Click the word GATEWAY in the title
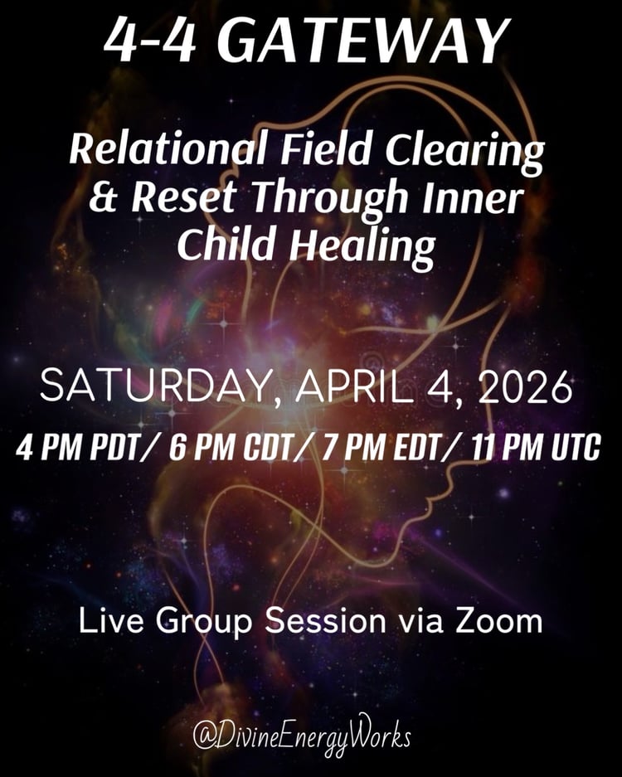coord(369,40)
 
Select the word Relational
coord(168,148)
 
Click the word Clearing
coord(464,152)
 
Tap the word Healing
coord(362,247)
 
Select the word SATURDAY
coord(154,387)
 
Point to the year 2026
coord(525,386)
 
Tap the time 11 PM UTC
coord(537,448)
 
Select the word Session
coord(325,621)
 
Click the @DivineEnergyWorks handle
coord(302,735)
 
